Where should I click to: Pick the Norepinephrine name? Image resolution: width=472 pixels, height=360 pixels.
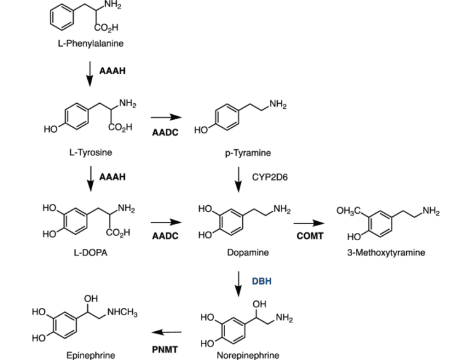click(x=248, y=354)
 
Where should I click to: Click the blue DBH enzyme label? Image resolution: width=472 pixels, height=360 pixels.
click(x=261, y=281)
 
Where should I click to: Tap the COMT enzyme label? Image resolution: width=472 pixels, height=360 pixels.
click(x=309, y=235)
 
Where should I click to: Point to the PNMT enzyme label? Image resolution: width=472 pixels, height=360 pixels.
click(x=165, y=349)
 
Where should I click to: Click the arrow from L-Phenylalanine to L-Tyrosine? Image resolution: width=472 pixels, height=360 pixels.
click(x=90, y=72)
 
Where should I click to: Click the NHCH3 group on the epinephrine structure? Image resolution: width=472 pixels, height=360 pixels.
click(x=122, y=314)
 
